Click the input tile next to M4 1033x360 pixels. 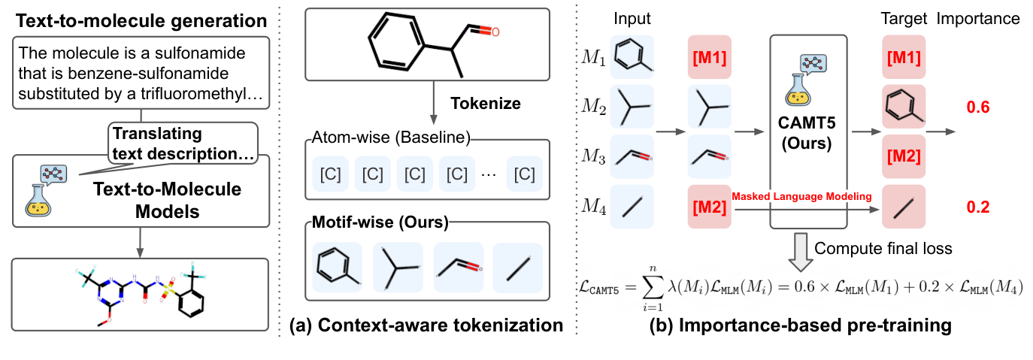[632, 204]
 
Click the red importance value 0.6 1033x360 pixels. [977, 108]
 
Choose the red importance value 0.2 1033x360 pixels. [977, 207]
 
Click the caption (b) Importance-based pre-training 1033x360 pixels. [804, 325]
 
